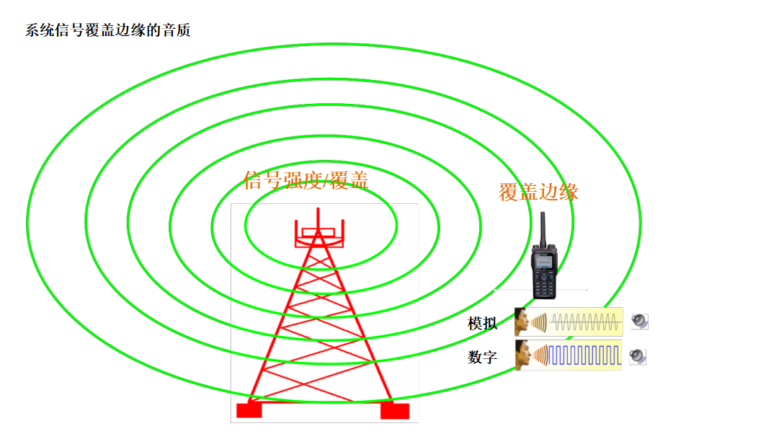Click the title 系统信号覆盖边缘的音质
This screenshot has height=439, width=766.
pos(108,31)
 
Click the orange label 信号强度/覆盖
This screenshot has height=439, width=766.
pos(306,180)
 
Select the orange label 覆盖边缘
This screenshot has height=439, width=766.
pos(538,192)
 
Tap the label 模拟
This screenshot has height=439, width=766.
pos(482,324)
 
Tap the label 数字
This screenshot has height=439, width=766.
pos(482,356)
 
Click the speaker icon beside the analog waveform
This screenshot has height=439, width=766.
pos(639,322)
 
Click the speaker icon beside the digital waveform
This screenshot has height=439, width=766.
pos(637,355)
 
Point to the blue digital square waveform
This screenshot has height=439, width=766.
pos(584,355)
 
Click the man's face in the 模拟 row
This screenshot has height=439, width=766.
pos(522,322)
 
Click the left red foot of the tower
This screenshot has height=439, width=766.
pos(249,409)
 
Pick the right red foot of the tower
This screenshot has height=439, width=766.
pos(395,410)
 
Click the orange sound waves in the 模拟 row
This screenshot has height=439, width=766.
pos(540,322)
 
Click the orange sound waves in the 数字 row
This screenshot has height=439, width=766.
pos(540,355)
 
